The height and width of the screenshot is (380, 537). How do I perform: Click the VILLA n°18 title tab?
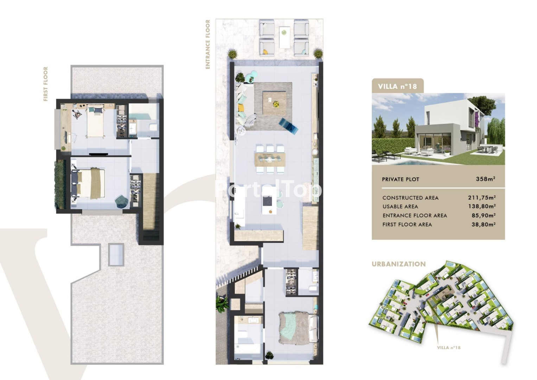[x=397, y=86]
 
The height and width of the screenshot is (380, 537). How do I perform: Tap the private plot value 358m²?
[x=485, y=179]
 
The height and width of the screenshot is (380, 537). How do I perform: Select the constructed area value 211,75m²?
[x=482, y=197]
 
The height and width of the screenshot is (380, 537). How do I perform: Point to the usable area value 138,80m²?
[x=482, y=206]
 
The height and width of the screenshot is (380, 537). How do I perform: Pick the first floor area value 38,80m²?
[x=484, y=224]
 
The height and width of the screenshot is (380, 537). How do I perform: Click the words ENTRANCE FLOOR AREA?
[x=415, y=215]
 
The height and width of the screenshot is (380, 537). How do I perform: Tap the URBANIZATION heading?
[x=399, y=264]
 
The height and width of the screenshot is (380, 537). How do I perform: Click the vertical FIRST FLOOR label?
[x=46, y=84]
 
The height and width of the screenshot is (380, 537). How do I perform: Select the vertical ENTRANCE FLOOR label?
[x=207, y=44]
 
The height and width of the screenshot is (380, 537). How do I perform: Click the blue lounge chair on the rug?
[x=288, y=126]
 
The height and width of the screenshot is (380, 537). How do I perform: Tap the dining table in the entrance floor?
[x=270, y=159]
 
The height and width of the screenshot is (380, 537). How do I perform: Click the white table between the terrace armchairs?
[x=284, y=37]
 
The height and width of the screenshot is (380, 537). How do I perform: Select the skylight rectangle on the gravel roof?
[x=116, y=254]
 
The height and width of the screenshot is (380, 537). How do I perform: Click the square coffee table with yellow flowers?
[x=275, y=103]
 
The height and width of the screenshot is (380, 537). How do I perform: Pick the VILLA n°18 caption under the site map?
[x=448, y=347]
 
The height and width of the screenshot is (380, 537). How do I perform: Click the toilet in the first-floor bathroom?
[x=153, y=127]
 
